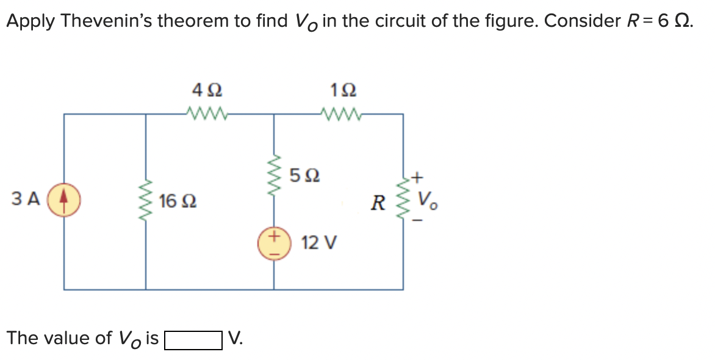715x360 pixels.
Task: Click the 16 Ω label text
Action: coord(178,200)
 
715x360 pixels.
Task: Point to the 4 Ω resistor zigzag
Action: coord(207,113)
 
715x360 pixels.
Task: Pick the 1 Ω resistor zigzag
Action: coord(339,113)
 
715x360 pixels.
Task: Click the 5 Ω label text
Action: coord(304,176)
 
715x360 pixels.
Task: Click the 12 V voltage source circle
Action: coord(273,243)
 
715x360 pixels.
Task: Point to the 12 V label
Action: coord(318,243)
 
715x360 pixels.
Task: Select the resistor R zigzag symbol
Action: coord(402,199)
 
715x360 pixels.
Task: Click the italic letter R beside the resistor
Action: coord(379,203)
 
